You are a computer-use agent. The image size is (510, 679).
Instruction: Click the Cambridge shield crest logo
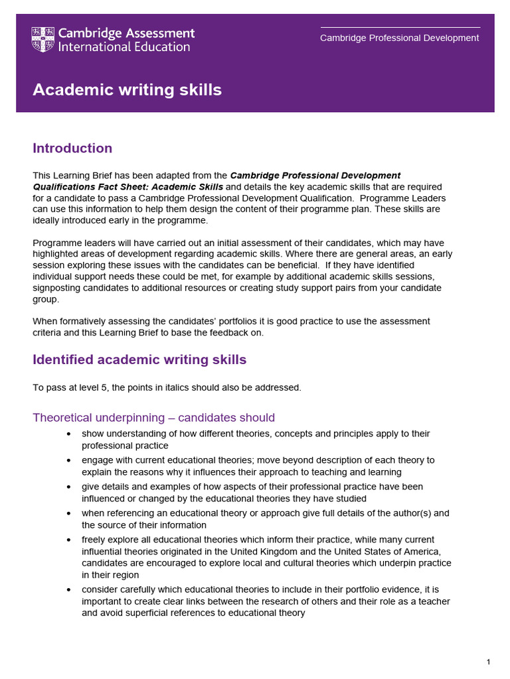click(x=43, y=40)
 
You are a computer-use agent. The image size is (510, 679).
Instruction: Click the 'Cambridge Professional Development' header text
click(x=399, y=38)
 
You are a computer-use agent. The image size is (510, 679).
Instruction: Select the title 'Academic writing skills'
click(x=127, y=90)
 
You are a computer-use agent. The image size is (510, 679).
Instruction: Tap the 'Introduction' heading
click(x=72, y=148)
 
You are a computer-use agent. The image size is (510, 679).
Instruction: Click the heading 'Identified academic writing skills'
click(x=139, y=359)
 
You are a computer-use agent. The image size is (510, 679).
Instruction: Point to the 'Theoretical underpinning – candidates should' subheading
click(x=153, y=418)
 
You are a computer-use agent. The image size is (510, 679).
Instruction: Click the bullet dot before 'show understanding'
click(x=70, y=434)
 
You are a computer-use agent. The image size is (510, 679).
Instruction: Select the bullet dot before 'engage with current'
click(x=70, y=460)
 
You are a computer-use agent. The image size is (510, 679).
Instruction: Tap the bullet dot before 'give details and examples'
click(x=70, y=487)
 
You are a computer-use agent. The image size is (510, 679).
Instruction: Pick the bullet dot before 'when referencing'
click(x=70, y=513)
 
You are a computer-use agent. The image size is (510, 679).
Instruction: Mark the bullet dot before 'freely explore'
click(x=70, y=540)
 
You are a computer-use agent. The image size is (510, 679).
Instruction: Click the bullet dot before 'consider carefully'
click(x=70, y=589)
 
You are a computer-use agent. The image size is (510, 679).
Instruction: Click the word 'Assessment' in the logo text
click(x=163, y=33)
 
